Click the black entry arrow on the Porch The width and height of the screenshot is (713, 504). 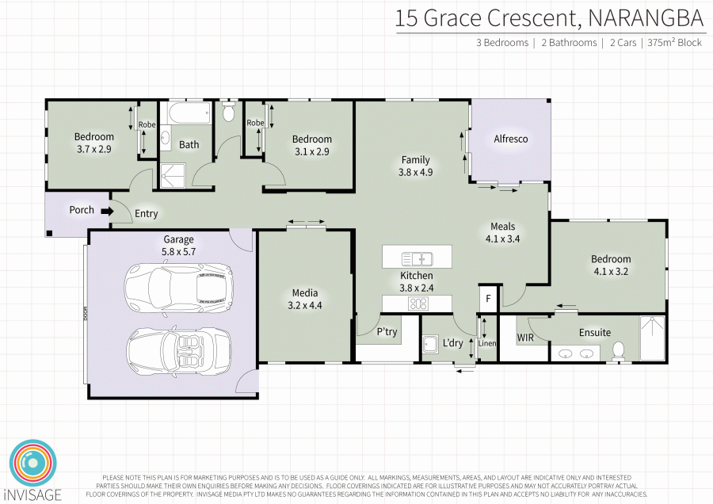107,211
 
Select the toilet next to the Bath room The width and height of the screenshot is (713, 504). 228,111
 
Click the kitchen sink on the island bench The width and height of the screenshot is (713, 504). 417,259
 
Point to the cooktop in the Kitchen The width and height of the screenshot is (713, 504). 418,304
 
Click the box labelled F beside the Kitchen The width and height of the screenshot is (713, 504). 489,299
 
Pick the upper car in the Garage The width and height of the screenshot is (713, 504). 179,288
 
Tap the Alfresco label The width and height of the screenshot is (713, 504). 511,139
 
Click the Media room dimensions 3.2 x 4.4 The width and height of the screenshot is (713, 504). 305,305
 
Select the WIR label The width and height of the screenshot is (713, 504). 525,338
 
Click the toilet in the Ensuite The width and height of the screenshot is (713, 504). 618,351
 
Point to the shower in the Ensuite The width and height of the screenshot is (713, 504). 653,338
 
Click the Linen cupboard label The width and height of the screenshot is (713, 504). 487,343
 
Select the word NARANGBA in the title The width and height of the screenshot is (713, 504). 645,18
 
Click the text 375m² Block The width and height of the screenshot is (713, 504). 674,42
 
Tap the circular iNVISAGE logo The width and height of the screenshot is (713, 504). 32,463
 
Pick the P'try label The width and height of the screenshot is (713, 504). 387,332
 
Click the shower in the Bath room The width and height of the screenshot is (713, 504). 173,176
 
